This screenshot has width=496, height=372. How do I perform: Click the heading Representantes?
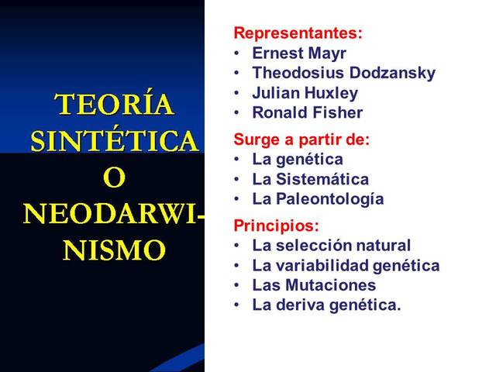(298, 34)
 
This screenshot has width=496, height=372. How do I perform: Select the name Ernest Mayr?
(299, 53)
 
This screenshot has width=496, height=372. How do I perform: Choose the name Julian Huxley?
(305, 93)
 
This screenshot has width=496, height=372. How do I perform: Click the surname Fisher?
(339, 113)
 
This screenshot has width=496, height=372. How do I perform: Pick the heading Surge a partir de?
(301, 140)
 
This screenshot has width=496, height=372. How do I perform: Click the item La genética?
(297, 160)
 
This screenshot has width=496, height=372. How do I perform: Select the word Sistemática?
(321, 179)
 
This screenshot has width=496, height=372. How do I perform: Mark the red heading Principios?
(276, 226)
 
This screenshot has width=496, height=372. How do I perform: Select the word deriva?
(299, 305)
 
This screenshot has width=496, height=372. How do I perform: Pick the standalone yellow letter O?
(114, 178)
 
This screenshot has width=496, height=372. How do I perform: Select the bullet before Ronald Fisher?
(237, 113)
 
